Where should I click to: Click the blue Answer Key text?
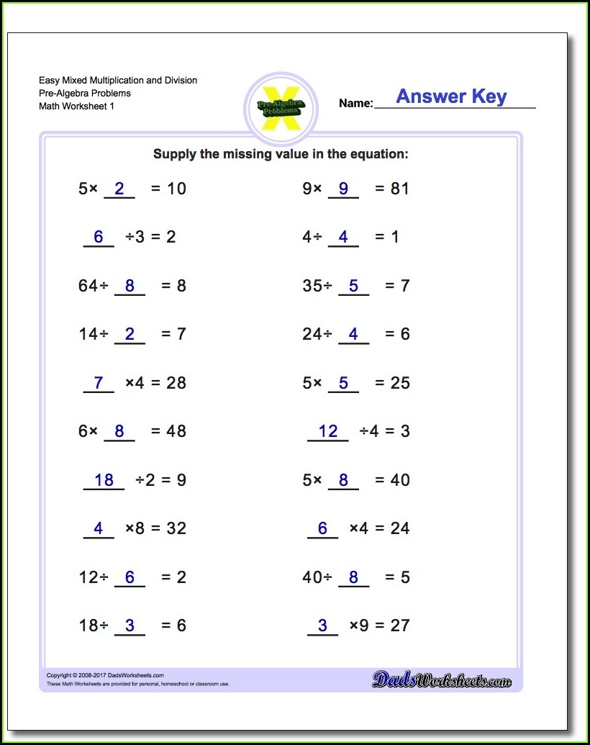click(451, 96)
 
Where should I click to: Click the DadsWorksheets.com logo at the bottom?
click(441, 678)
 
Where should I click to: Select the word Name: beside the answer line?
click(355, 104)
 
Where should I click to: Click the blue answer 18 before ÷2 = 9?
click(104, 480)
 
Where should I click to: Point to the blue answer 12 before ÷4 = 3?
click(327, 431)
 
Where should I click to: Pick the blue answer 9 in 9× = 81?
click(343, 189)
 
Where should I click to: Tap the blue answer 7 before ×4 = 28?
click(99, 383)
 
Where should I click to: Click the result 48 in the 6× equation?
click(176, 431)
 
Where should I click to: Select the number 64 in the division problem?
click(87, 286)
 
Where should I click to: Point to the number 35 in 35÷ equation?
click(312, 286)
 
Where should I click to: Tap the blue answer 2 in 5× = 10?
click(119, 189)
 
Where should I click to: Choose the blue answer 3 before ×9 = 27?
click(322, 626)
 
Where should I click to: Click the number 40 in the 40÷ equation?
click(312, 577)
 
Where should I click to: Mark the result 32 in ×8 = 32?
click(176, 528)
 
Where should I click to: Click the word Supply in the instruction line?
click(173, 154)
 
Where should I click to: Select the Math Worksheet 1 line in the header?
click(76, 107)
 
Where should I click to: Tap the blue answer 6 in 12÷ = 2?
click(130, 577)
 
